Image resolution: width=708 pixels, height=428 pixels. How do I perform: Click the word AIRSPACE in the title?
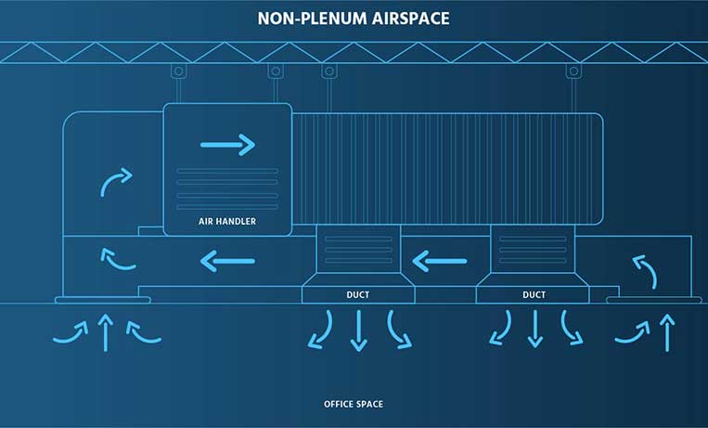coord(410,18)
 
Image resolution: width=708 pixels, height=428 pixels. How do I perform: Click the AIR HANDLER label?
coord(227,222)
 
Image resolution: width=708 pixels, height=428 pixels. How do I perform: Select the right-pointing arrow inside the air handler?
coord(227,144)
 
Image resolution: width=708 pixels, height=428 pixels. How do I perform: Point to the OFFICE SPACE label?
coord(353,404)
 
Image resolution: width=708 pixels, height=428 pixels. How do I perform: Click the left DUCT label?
coord(358,295)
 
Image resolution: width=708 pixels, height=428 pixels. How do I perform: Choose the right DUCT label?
coord(534,295)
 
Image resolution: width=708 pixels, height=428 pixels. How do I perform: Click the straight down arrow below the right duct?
coord(534,329)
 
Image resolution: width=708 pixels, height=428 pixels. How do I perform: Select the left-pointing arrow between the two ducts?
coord(440,261)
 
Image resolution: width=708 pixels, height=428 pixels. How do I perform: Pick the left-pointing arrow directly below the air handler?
coord(227,261)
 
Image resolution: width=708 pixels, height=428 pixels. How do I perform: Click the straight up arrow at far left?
coord(106,332)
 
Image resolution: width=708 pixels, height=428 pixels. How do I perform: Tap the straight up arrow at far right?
coord(666,332)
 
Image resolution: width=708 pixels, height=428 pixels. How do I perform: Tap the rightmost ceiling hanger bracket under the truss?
coord(575,72)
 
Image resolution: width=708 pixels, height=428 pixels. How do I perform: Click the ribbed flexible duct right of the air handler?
coord(445,168)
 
